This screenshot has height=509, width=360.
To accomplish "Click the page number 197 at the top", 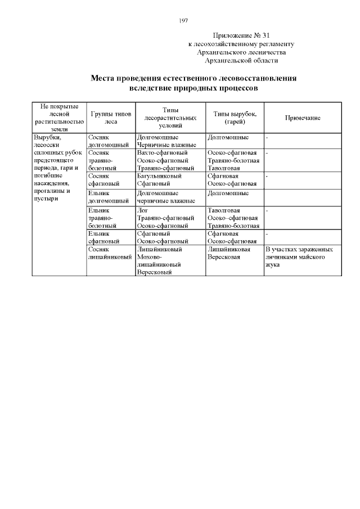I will point(183,20).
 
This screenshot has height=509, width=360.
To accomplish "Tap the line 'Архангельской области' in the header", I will point(241,61).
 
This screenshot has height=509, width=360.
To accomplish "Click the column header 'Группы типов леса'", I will point(110,118).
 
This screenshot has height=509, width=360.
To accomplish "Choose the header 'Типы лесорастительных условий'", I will point(170,118).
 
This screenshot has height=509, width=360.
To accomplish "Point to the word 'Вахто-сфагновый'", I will point(162,152).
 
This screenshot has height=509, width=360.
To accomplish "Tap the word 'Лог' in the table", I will point(142,210).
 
